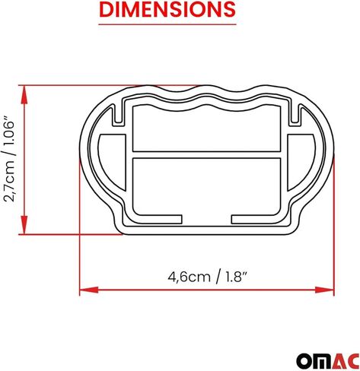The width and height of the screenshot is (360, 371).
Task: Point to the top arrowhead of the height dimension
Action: click(x=27, y=90)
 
